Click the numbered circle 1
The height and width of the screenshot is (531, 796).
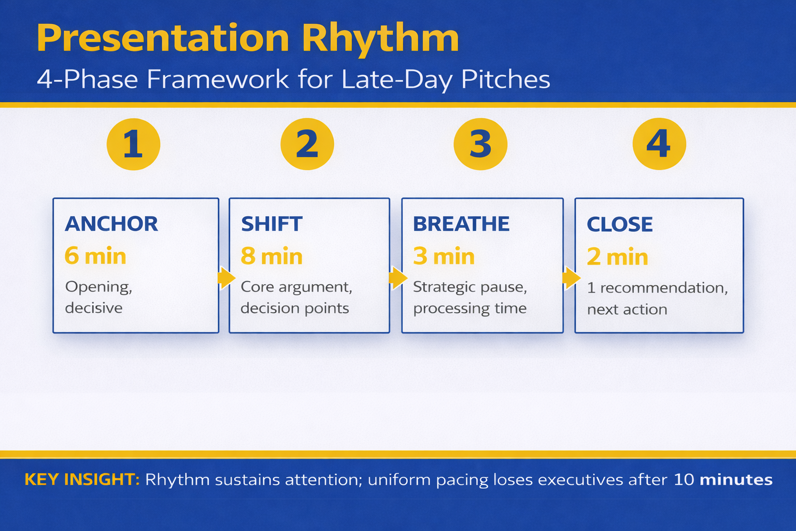pyautogui.click(x=133, y=144)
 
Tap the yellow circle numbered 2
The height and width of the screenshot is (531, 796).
pyautogui.click(x=307, y=144)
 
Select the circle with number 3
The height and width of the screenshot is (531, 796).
pyautogui.click(x=480, y=144)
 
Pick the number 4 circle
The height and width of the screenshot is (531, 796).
pyautogui.click(x=659, y=144)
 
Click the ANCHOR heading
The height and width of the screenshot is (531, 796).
pyautogui.click(x=111, y=224)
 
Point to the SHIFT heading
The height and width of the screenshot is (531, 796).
pyautogui.click(x=272, y=224)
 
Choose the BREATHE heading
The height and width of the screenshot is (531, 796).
pyautogui.click(x=461, y=224)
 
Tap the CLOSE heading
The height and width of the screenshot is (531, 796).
pyautogui.click(x=620, y=225)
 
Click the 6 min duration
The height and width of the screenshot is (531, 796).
pyautogui.click(x=95, y=256)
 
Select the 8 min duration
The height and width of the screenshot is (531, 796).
pyautogui.click(x=272, y=257)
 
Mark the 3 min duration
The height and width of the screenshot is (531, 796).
pyautogui.click(x=444, y=257)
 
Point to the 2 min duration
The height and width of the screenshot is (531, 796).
pyautogui.click(x=617, y=257)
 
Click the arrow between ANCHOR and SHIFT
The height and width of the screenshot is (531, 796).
pyautogui.click(x=226, y=278)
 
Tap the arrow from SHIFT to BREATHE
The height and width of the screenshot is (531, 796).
pyautogui.click(x=397, y=278)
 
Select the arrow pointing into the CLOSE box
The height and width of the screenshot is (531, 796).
pyautogui.click(x=571, y=278)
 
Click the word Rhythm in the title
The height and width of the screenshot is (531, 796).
pyautogui.click(x=380, y=38)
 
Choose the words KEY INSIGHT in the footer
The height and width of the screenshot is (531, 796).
pyautogui.click(x=82, y=480)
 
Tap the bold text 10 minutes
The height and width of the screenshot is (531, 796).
pyautogui.click(x=723, y=480)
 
